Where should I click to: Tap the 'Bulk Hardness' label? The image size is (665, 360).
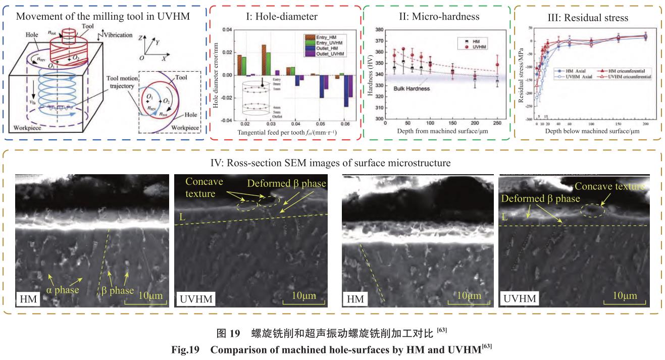412,88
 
